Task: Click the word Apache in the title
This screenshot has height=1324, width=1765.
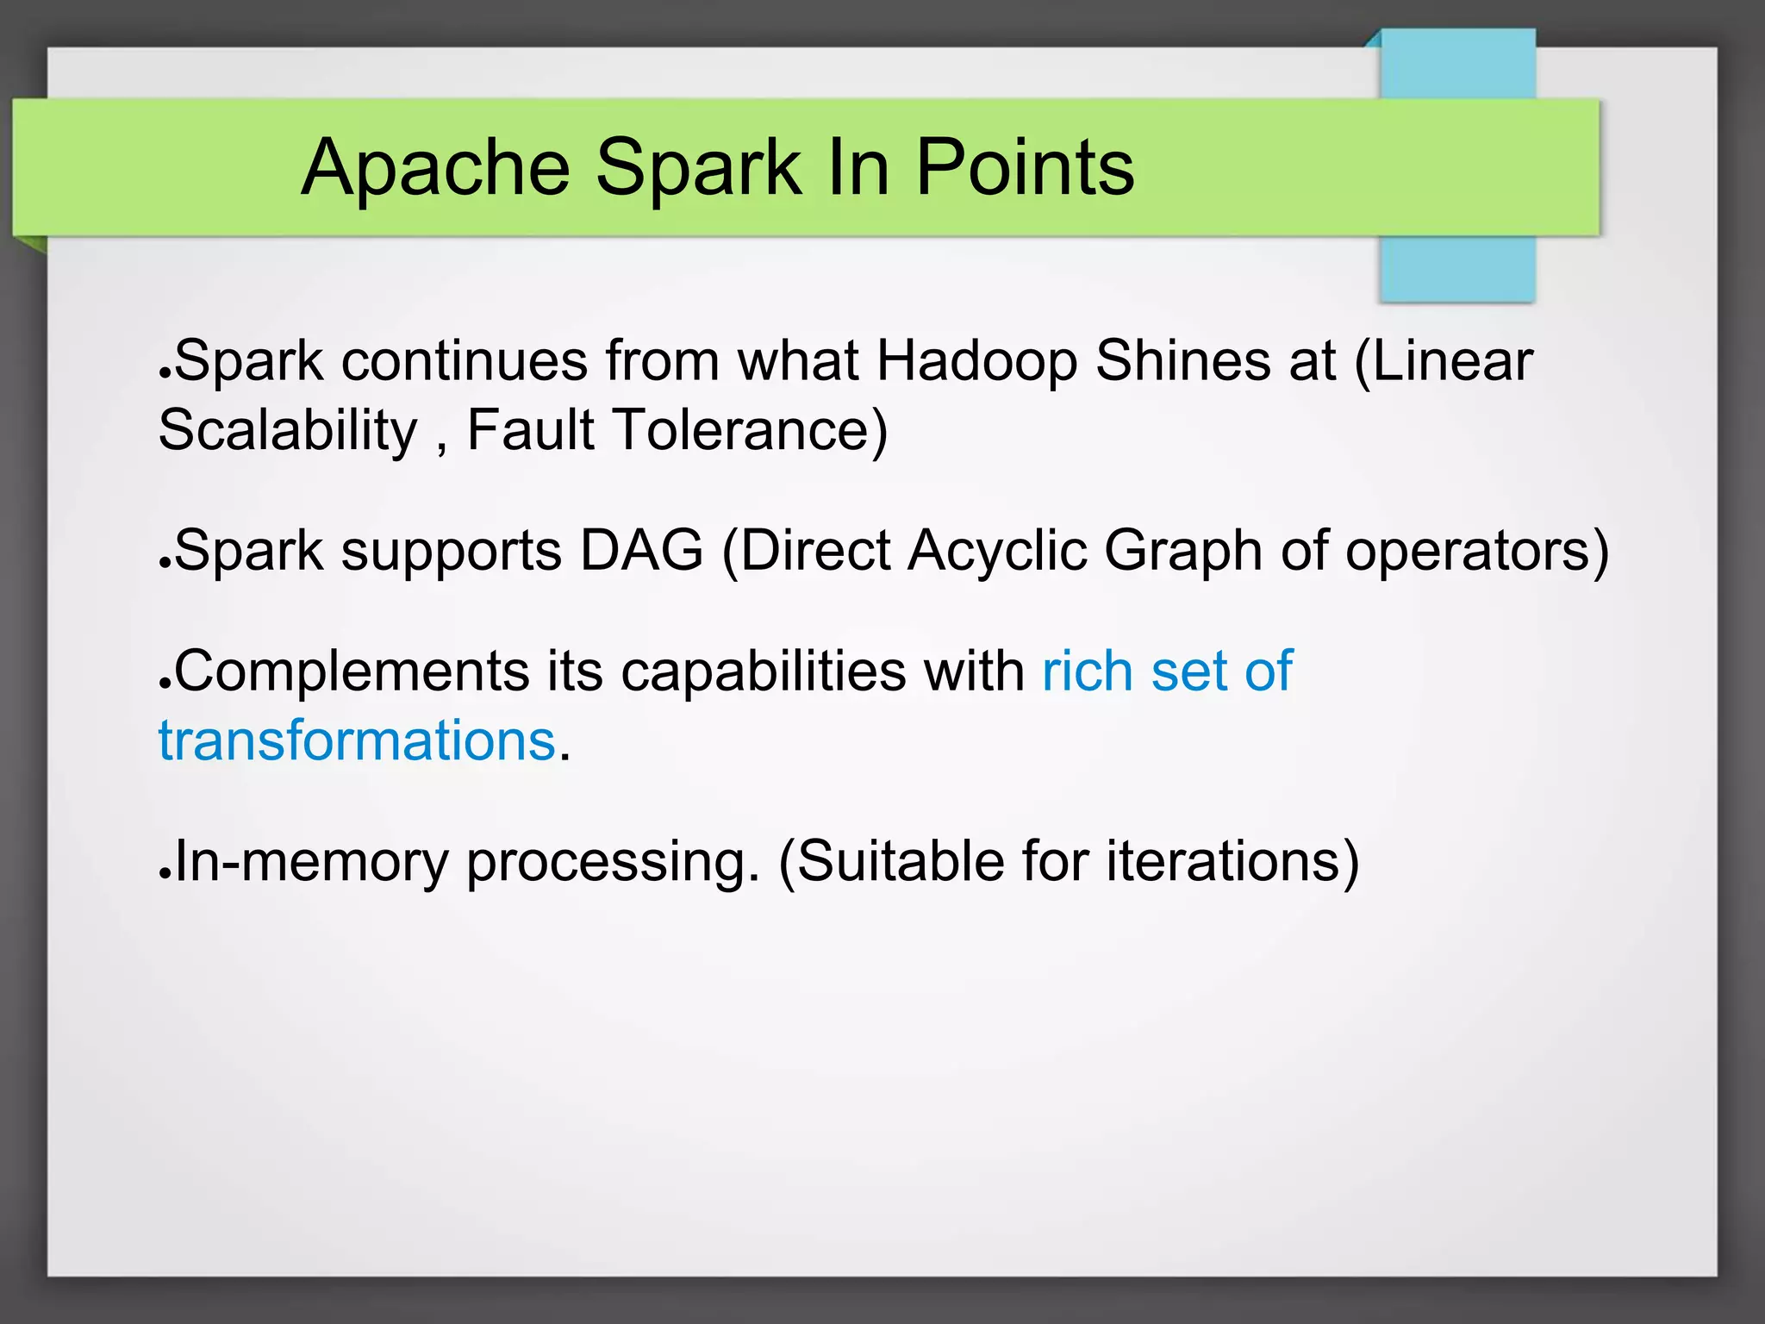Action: (x=435, y=168)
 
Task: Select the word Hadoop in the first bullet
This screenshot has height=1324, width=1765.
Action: (x=976, y=360)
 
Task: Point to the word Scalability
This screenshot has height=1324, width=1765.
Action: (x=288, y=431)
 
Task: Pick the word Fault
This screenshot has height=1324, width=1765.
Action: (x=530, y=429)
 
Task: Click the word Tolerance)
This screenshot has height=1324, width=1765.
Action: (x=750, y=429)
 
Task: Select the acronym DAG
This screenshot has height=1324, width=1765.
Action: (x=641, y=550)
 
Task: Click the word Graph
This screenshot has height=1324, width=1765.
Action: (x=1182, y=552)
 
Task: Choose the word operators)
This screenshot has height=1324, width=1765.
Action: (x=1477, y=552)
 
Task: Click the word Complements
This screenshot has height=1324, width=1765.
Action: (x=351, y=672)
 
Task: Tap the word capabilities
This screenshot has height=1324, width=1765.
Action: (x=763, y=672)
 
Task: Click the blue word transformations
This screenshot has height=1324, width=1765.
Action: (x=357, y=741)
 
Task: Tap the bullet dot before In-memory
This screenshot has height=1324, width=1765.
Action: (x=164, y=872)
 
